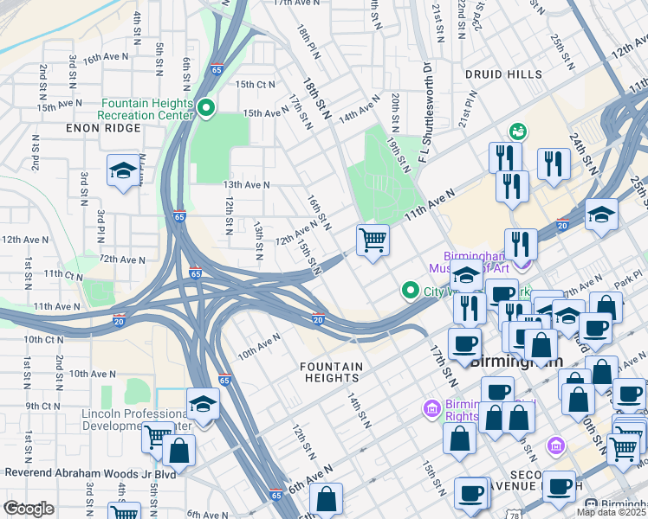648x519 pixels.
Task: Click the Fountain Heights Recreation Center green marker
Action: point(206,108)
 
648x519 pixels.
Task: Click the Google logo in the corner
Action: point(29,509)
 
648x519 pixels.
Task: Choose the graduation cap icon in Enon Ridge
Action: point(123,170)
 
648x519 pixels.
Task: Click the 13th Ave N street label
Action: point(246,184)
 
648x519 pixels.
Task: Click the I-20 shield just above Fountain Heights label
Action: point(318,319)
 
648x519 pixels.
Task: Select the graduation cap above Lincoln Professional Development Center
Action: point(203,404)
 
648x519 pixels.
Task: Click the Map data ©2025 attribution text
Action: point(611,512)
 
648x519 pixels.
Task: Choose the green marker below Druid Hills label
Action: point(518,131)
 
